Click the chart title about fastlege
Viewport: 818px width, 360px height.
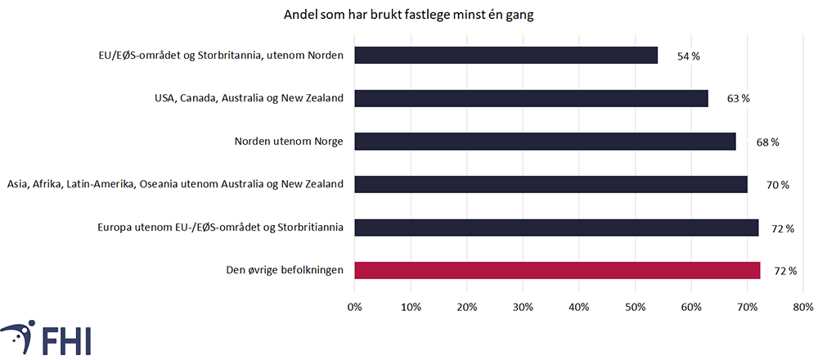(409, 16)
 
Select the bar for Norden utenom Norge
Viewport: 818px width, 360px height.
(545, 142)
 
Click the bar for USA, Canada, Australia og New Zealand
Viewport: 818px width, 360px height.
(531, 98)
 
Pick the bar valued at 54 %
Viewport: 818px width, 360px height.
(506, 56)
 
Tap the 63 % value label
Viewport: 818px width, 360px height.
(739, 98)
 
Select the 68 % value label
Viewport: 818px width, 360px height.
(767, 142)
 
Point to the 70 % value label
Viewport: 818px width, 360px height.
(778, 185)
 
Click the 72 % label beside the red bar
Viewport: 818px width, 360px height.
(785, 271)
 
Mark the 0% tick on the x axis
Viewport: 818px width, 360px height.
(354, 308)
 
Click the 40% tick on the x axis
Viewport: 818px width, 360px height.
(578, 308)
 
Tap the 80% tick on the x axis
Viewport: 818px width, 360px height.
(802, 308)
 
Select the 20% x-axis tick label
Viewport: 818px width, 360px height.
(466, 308)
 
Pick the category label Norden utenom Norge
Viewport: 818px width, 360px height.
(288, 142)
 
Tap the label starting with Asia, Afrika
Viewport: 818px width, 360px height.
(174, 185)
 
